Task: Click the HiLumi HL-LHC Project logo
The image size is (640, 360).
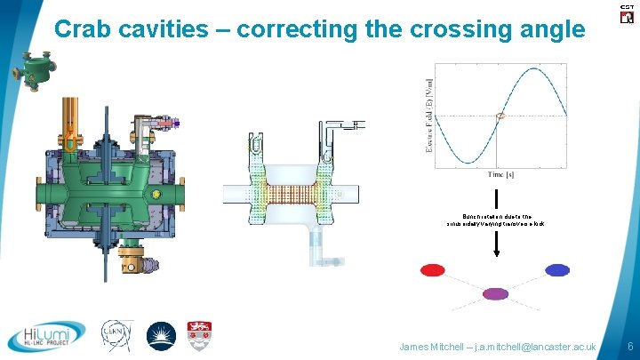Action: point(46,336)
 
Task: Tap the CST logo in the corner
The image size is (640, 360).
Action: point(626,13)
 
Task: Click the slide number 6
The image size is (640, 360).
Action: point(629,345)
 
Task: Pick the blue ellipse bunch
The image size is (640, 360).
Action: point(557,270)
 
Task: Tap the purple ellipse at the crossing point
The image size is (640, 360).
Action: point(494,293)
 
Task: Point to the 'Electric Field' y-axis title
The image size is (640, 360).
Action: point(430,116)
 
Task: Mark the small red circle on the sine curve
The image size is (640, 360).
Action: point(500,116)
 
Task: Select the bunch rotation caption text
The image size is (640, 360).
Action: point(496,220)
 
